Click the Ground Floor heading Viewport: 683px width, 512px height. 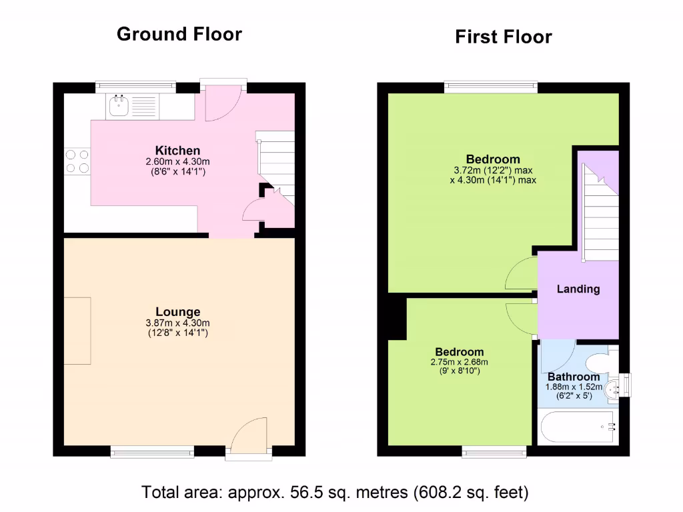[x=179, y=34]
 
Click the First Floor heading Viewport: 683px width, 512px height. [x=503, y=37]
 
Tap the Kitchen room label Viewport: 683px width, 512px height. [x=177, y=151]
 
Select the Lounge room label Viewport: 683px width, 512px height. [x=177, y=312]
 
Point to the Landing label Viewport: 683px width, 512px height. [x=578, y=289]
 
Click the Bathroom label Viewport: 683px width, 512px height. [x=574, y=377]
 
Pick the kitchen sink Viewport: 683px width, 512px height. [x=121, y=105]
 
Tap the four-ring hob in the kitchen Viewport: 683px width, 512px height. [x=77, y=161]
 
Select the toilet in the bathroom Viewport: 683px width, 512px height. [x=600, y=363]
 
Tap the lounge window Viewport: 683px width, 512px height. [x=153, y=452]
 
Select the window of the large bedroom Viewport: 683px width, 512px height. [x=491, y=87]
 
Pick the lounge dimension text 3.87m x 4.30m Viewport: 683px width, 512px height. [x=177, y=323]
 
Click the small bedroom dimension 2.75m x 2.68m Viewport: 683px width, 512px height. [x=460, y=362]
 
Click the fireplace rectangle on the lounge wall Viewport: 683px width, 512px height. [x=77, y=331]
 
